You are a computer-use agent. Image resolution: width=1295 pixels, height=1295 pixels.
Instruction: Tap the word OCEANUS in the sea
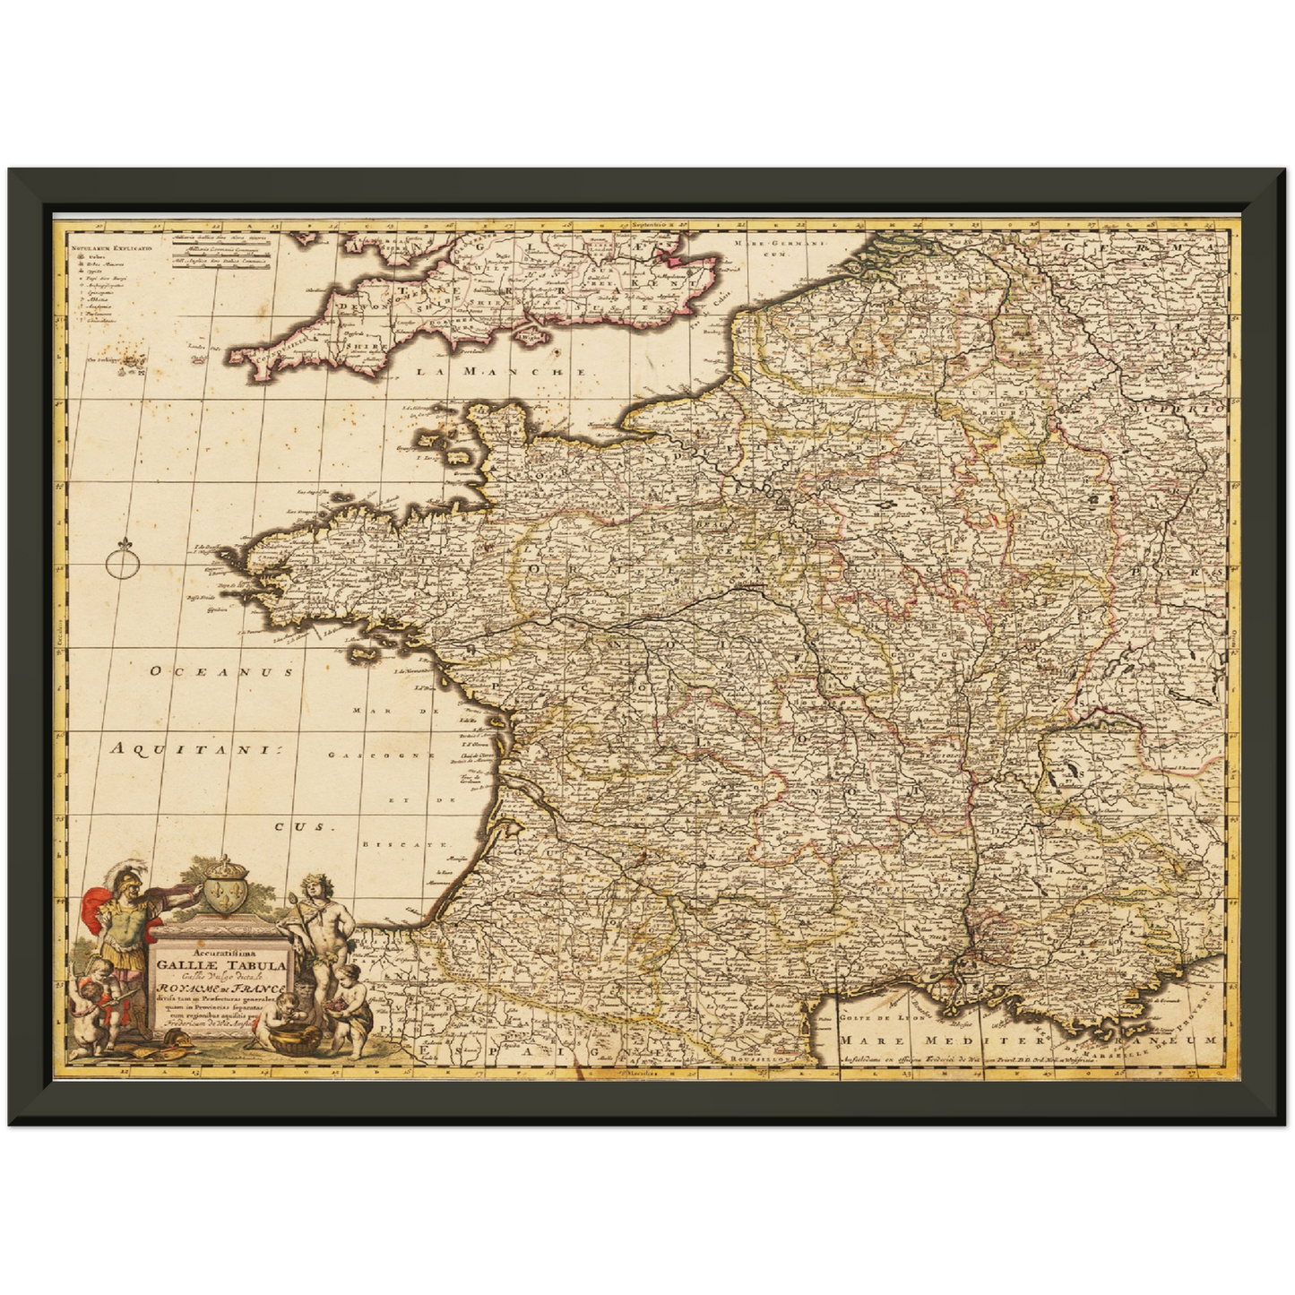(221, 670)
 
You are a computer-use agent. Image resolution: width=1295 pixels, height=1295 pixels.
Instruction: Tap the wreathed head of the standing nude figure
(312, 885)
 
